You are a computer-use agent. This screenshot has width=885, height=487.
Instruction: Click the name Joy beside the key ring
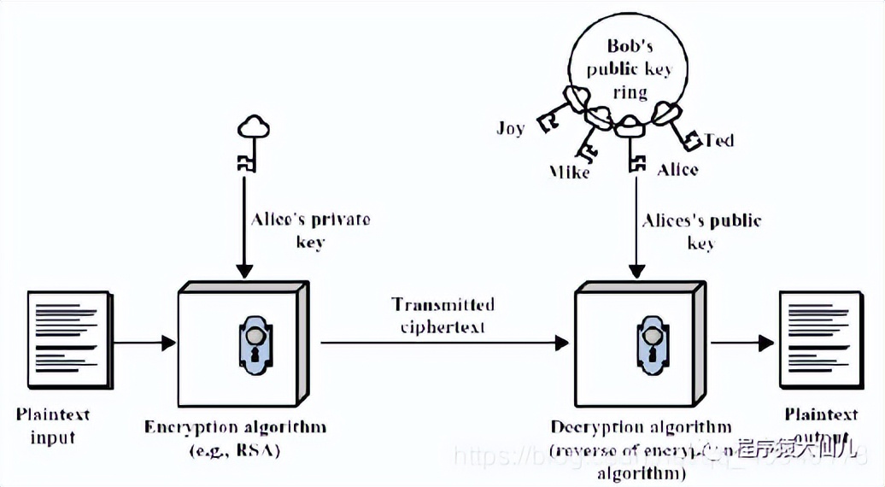coord(510,128)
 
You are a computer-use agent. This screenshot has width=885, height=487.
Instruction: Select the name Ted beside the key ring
coord(719,139)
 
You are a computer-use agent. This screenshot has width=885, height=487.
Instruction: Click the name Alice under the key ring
coord(677,169)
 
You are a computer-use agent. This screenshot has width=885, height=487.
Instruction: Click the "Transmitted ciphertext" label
coord(442,315)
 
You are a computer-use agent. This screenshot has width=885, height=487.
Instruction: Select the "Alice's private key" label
coord(310,230)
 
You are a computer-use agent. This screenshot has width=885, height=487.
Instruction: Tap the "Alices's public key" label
coord(700,231)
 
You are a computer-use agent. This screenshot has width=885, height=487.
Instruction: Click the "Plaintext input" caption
coord(53,425)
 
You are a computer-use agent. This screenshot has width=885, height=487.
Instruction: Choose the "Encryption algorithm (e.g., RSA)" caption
coord(235,436)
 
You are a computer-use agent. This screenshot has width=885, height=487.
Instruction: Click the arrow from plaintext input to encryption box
coord(144,344)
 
